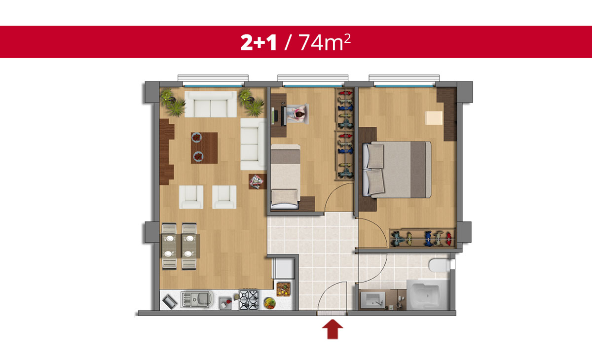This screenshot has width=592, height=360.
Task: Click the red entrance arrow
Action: tap(333, 329)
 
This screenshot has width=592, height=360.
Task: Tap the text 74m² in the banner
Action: tap(325, 42)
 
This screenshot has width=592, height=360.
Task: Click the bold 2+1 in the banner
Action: tap(259, 42)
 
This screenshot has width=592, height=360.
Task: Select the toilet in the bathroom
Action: tap(439, 265)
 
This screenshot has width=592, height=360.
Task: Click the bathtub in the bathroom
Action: tap(427, 295)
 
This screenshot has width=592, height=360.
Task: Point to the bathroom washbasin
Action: tap(373, 300)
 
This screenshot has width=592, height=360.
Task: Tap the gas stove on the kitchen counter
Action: tap(249, 299)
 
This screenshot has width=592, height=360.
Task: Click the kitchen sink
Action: tap(197, 299)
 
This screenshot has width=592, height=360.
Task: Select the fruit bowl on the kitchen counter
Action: tap(269, 303)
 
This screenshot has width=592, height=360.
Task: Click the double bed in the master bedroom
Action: tap(397, 170)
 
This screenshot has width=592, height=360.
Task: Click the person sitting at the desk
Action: tap(298, 113)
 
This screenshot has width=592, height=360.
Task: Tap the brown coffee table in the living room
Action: tap(204, 148)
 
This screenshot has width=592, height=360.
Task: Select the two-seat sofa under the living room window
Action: tap(211, 105)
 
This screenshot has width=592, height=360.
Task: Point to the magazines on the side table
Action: tap(257, 182)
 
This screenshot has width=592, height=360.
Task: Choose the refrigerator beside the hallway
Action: tap(284, 268)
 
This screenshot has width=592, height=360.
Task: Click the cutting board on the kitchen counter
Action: tap(283, 289)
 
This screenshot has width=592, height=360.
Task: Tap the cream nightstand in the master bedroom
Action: tap(434, 118)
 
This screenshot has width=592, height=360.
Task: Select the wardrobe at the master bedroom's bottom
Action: tap(422, 238)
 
